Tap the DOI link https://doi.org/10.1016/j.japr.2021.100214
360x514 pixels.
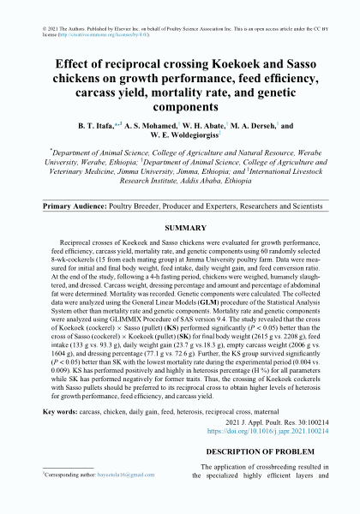point(272,431)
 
